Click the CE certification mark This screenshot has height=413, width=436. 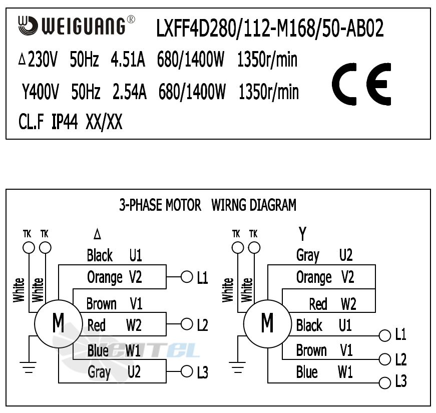(x=361, y=84)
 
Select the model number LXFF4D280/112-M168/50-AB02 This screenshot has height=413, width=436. (x=270, y=30)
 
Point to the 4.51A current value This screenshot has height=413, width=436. (x=128, y=61)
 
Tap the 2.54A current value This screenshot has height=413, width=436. (x=130, y=92)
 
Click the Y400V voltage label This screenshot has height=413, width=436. (x=41, y=92)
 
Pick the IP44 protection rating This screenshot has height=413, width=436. (x=65, y=122)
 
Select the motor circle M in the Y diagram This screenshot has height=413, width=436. (x=267, y=323)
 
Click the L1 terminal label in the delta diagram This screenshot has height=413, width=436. (x=202, y=278)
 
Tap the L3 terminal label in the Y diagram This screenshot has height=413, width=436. (x=400, y=381)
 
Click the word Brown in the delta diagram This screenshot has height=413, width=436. (x=101, y=304)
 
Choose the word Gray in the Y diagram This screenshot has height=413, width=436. (x=308, y=255)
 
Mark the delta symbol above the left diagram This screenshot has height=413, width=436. (x=97, y=234)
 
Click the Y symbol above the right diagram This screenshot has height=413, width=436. (x=302, y=233)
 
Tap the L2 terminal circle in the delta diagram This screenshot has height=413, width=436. (x=187, y=324)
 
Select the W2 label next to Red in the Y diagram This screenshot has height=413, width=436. (x=348, y=304)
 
